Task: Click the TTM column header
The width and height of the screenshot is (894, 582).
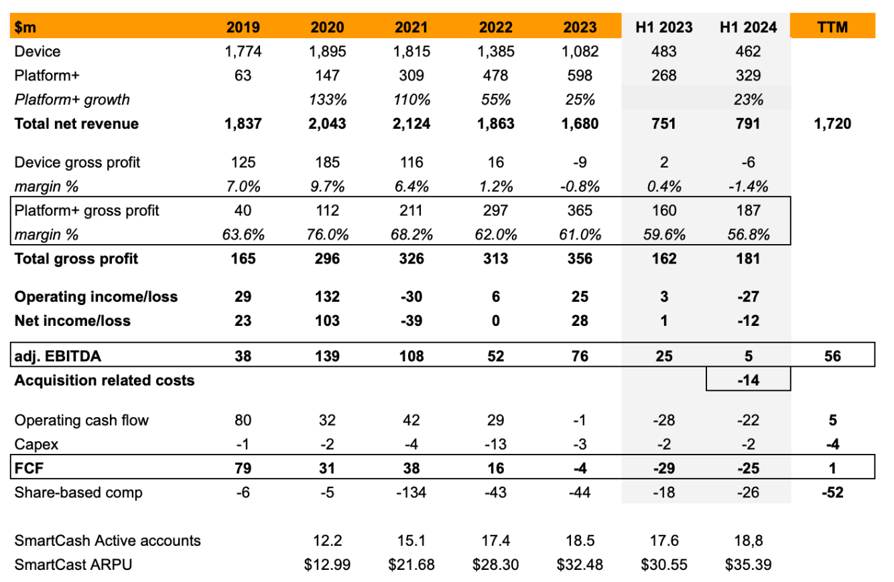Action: (x=832, y=27)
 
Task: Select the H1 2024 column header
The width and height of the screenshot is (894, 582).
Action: (x=748, y=27)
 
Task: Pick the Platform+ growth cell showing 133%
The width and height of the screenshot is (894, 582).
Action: (x=327, y=100)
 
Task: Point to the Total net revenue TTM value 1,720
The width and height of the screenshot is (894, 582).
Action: (x=832, y=124)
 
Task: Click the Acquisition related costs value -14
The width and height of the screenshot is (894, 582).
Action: (x=748, y=380)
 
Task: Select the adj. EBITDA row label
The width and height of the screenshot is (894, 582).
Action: (x=58, y=356)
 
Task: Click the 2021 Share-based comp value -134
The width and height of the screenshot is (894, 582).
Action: (x=411, y=493)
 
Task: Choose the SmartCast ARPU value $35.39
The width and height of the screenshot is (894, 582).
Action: (x=748, y=565)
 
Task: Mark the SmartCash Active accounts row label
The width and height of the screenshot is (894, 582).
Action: (x=108, y=540)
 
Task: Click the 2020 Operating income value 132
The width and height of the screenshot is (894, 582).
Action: (x=327, y=297)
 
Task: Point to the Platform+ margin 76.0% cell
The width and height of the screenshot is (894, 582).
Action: (x=327, y=235)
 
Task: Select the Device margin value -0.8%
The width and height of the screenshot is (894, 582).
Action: (x=580, y=186)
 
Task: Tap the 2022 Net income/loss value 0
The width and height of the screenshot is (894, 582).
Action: (x=495, y=321)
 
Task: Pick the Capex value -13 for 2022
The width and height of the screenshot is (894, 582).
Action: (x=495, y=444)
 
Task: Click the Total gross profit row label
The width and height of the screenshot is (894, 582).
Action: (x=76, y=259)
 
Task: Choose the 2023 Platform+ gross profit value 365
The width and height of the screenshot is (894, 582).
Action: (x=580, y=211)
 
